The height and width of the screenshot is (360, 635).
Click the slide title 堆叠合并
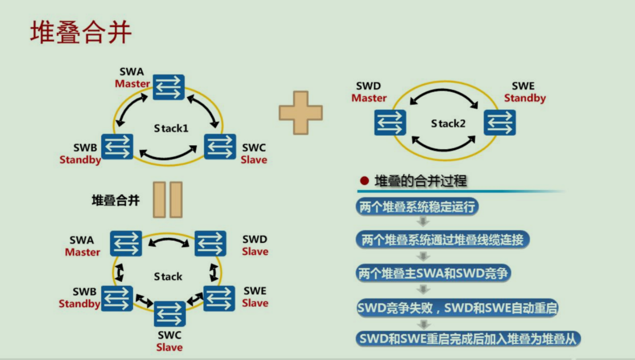[x=81, y=32]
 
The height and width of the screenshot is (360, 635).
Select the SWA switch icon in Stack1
[x=168, y=87]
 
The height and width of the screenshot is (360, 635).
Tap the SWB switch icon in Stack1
[x=117, y=147]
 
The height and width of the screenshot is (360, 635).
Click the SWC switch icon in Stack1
[x=220, y=147]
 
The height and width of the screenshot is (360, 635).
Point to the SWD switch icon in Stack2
[x=390, y=122]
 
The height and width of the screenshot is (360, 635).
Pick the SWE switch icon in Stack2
[x=500, y=122]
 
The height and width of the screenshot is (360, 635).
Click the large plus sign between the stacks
[x=301, y=113]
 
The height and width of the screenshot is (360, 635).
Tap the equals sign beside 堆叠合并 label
[x=167, y=200]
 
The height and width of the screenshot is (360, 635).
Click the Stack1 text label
[x=171, y=128]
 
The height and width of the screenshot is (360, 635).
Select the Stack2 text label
[x=448, y=123]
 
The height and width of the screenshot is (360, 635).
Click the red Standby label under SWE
[x=524, y=98]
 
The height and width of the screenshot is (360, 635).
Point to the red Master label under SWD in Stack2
[x=369, y=98]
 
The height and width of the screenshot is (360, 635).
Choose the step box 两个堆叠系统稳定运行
[x=417, y=208]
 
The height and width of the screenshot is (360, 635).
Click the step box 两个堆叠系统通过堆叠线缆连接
[x=442, y=240]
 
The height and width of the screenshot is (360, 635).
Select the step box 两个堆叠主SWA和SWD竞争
[x=433, y=273]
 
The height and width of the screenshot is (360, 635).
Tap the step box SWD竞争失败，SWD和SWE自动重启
[x=457, y=308]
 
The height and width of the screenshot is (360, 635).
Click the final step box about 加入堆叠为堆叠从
[x=468, y=339]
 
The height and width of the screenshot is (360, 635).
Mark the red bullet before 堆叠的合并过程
[x=365, y=181]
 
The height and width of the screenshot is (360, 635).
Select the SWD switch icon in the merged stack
[x=210, y=244]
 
